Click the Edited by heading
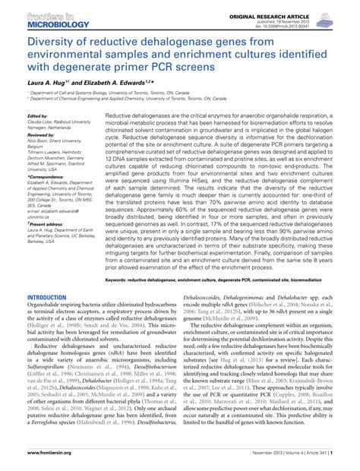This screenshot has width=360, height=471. pos(37,115)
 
